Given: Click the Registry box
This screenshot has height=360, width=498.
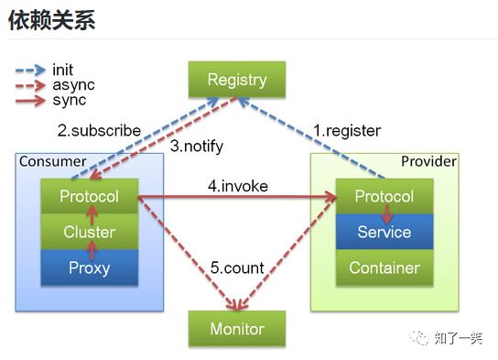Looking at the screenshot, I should click(236, 79).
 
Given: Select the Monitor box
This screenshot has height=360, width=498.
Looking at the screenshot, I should click(236, 328).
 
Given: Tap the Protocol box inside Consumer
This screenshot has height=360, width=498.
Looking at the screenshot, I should click(89, 196).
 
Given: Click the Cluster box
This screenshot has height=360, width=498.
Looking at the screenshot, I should click(89, 232).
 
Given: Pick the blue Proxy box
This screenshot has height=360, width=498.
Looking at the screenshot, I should click(89, 267).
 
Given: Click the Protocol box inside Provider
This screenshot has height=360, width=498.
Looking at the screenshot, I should click(384, 196).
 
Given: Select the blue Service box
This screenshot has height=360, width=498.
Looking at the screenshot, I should click(384, 232).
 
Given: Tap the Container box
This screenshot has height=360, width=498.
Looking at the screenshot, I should click(384, 267).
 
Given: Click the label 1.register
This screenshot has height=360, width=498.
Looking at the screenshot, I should click(347, 130).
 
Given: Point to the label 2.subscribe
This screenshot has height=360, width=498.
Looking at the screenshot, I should click(99, 130).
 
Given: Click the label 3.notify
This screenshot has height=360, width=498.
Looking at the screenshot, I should click(197, 146).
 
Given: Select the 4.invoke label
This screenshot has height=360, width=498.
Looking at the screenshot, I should click(237, 186).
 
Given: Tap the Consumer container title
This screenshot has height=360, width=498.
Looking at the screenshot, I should click(52, 162).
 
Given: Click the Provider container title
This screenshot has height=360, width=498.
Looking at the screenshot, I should click(428, 162).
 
